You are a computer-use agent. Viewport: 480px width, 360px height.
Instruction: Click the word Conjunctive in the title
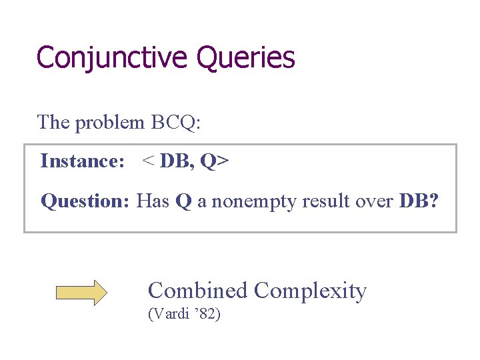pyautogui.click(x=112, y=58)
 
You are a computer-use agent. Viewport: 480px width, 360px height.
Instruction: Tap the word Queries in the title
pyautogui.click(x=245, y=58)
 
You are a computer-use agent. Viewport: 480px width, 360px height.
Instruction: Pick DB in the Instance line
pyautogui.click(x=177, y=161)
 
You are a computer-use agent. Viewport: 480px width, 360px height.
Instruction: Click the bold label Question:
pyautogui.click(x=85, y=201)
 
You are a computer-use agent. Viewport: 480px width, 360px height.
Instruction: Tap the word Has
pyautogui.click(x=153, y=201)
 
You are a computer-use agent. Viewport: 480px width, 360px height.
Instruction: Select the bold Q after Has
pyautogui.click(x=183, y=201)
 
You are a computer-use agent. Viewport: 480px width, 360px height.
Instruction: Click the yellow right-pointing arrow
pyautogui.click(x=81, y=293)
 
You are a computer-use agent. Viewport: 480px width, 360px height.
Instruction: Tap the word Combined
pyautogui.click(x=198, y=291)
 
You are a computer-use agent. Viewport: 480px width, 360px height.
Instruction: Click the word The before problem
pyautogui.click(x=54, y=123)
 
